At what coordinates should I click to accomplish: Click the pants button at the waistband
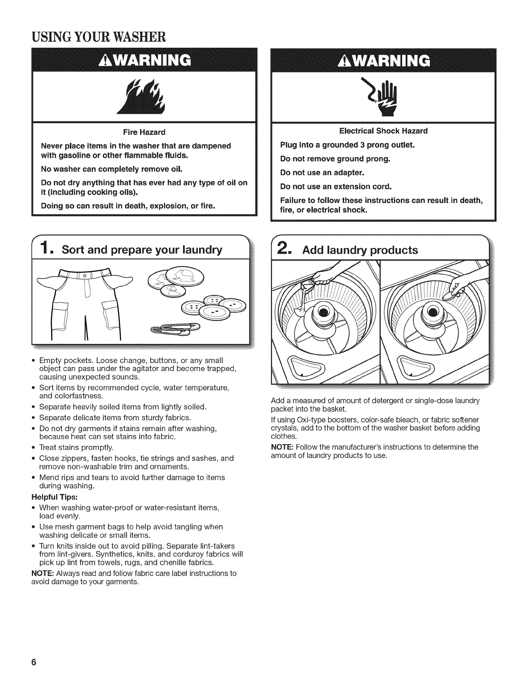click(85, 275)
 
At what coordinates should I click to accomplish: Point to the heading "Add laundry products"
click(361, 250)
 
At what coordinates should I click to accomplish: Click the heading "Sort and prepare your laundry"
click(142, 250)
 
